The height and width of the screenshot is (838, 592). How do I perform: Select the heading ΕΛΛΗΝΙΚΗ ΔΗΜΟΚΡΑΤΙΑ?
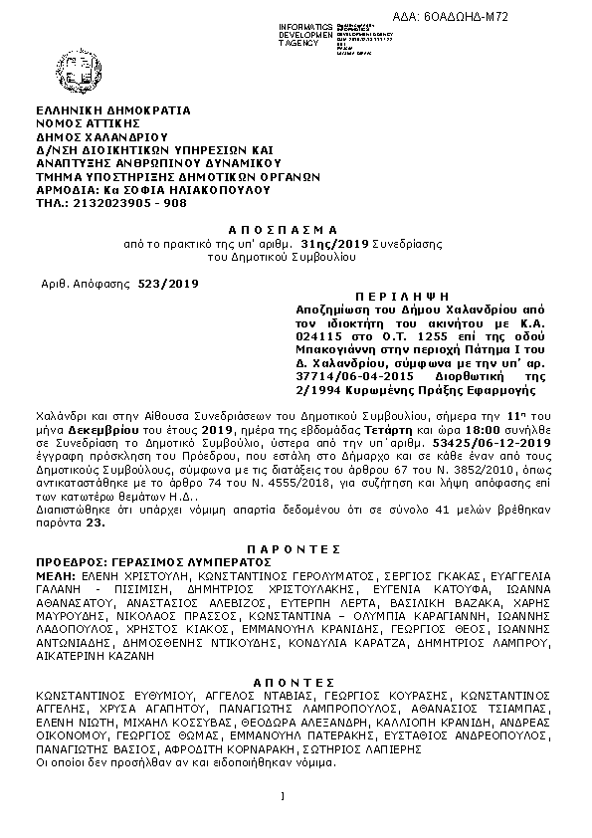pyautogui.click(x=111, y=111)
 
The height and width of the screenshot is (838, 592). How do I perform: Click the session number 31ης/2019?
pyautogui.click(x=336, y=244)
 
